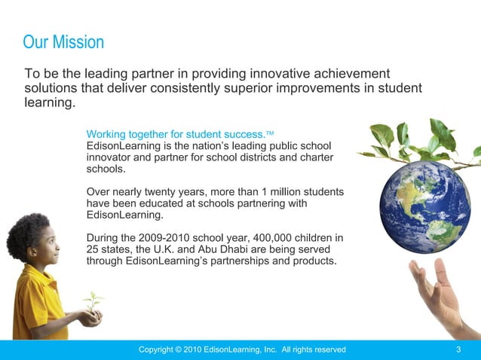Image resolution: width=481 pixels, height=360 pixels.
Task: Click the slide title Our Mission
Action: click(x=63, y=42)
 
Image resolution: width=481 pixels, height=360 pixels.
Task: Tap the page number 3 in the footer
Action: click(x=458, y=349)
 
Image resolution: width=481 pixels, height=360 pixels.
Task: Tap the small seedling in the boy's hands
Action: click(x=93, y=303)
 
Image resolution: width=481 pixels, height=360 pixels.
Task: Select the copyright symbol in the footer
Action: click(x=178, y=349)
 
